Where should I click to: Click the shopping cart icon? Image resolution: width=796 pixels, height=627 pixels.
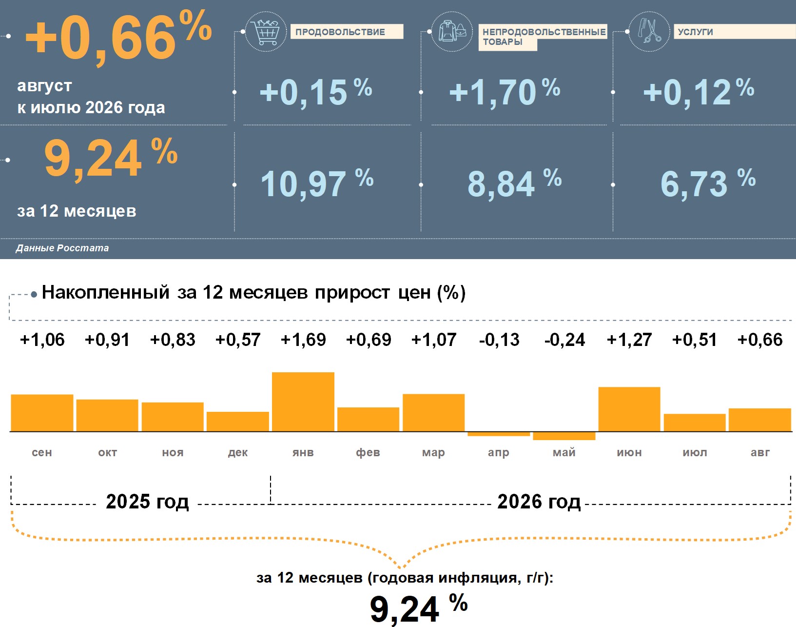click(x=265, y=32)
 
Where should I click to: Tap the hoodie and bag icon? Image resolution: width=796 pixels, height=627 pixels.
click(x=452, y=32)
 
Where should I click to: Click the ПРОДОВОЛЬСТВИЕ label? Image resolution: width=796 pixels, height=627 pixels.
click(x=340, y=32)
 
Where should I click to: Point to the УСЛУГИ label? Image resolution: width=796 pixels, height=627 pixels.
click(x=696, y=32)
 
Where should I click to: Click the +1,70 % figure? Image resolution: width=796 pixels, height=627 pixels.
click(x=505, y=92)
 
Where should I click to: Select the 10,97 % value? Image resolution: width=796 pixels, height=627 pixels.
click(x=317, y=183)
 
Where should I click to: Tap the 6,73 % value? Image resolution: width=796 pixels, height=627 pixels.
click(x=708, y=183)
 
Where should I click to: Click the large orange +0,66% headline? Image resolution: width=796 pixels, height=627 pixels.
click(x=118, y=38)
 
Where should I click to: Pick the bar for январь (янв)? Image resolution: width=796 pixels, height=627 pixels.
click(x=303, y=402)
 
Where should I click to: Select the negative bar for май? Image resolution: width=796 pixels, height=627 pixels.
click(x=564, y=436)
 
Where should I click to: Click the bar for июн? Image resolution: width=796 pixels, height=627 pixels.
click(x=629, y=409)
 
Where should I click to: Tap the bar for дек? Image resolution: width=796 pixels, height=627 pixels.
click(x=238, y=422)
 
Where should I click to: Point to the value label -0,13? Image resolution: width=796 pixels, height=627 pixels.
click(x=499, y=340)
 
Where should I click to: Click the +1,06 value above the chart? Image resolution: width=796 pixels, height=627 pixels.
click(x=42, y=340)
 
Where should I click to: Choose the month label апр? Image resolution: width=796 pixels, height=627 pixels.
click(x=499, y=453)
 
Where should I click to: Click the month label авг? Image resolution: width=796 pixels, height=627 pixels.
click(x=760, y=452)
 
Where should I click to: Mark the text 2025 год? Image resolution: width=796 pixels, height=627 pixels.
click(x=147, y=502)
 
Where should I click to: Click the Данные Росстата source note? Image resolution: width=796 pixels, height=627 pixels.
click(x=62, y=248)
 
